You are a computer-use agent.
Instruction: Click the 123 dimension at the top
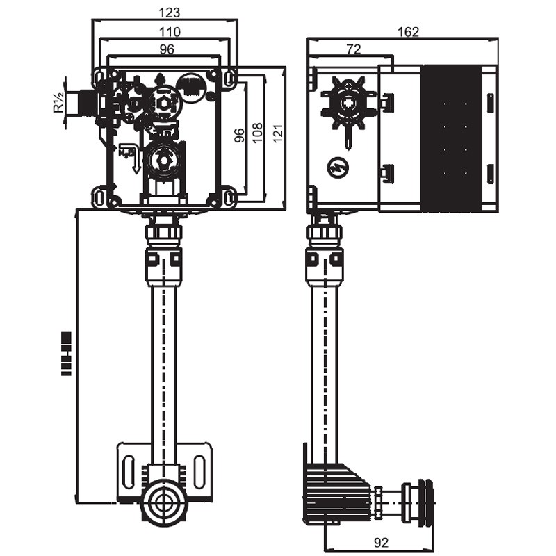pyautogui.click(x=170, y=13)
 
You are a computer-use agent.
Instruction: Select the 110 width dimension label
pyautogui.click(x=170, y=31)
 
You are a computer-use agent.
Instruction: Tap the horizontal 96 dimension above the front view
pyautogui.click(x=167, y=49)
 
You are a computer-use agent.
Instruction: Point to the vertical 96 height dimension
pyautogui.click(x=239, y=135)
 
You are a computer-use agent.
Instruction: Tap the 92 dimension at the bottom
pyautogui.click(x=380, y=542)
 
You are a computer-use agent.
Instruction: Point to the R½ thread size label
pyautogui.click(x=58, y=103)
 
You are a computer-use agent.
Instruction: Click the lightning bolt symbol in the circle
pyautogui.click(x=338, y=167)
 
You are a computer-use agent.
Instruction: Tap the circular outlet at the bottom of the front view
pyautogui.click(x=164, y=502)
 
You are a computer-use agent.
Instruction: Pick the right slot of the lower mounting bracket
pyautogui.click(x=200, y=472)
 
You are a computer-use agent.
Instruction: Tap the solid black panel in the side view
pyautogui.click(x=452, y=137)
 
